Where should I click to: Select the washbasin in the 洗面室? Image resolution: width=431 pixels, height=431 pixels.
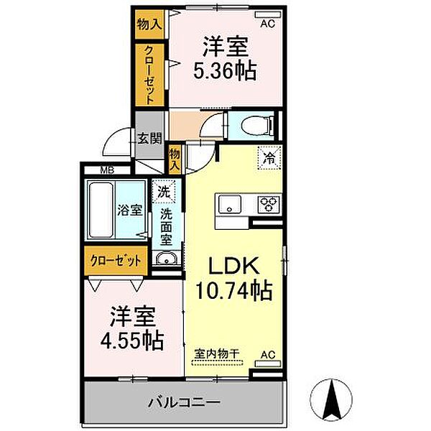tap(166, 260)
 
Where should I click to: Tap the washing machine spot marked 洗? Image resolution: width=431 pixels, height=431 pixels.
tap(164, 193)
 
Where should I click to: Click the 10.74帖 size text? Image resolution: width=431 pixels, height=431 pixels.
tap(234, 292)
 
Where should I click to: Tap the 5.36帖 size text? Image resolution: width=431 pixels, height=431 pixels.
tap(225, 72)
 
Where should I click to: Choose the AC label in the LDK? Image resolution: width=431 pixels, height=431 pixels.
tap(268, 354)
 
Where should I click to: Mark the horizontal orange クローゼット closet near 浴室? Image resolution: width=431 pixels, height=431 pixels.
tap(115, 261)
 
